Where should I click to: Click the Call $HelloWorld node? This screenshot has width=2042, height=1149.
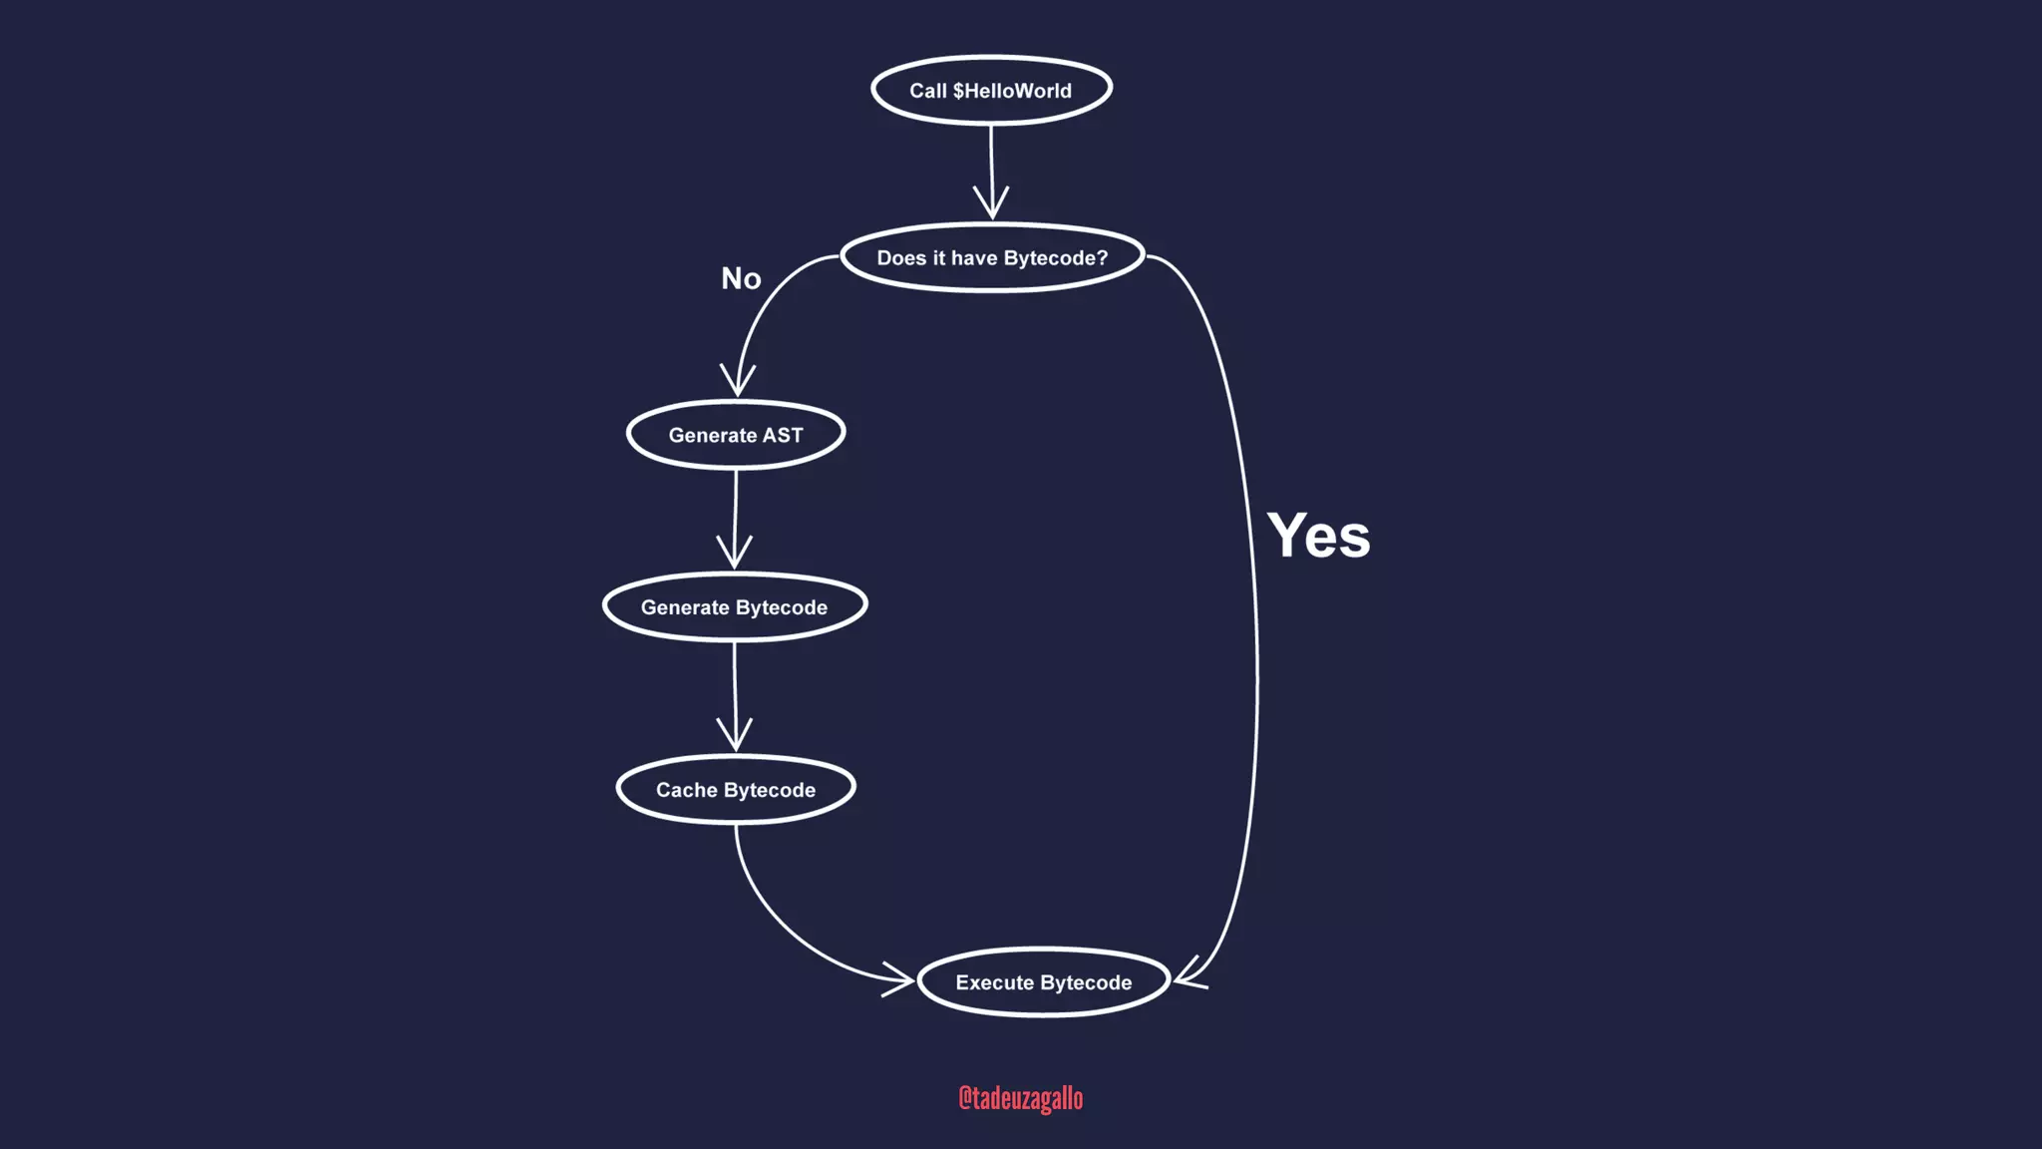click(991, 91)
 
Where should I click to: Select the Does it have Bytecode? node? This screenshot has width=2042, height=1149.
click(992, 258)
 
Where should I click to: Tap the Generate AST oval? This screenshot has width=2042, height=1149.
click(736, 435)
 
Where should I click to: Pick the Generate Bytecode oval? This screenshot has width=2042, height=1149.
click(735, 607)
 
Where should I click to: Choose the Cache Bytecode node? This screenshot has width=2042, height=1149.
click(736, 790)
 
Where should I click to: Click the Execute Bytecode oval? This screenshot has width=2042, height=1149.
click(1043, 982)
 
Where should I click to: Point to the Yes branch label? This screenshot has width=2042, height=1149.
click(1318, 536)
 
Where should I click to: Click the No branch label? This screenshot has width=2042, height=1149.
click(741, 279)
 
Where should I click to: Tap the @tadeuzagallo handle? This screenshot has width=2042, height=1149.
click(1020, 1098)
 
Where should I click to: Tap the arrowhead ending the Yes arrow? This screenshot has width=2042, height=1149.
click(1188, 974)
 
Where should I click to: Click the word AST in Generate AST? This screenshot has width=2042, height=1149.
click(783, 435)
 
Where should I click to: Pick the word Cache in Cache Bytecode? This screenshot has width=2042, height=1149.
click(687, 790)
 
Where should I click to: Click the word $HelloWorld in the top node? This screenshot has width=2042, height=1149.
click(1012, 91)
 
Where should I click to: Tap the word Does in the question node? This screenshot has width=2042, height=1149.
click(901, 258)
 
